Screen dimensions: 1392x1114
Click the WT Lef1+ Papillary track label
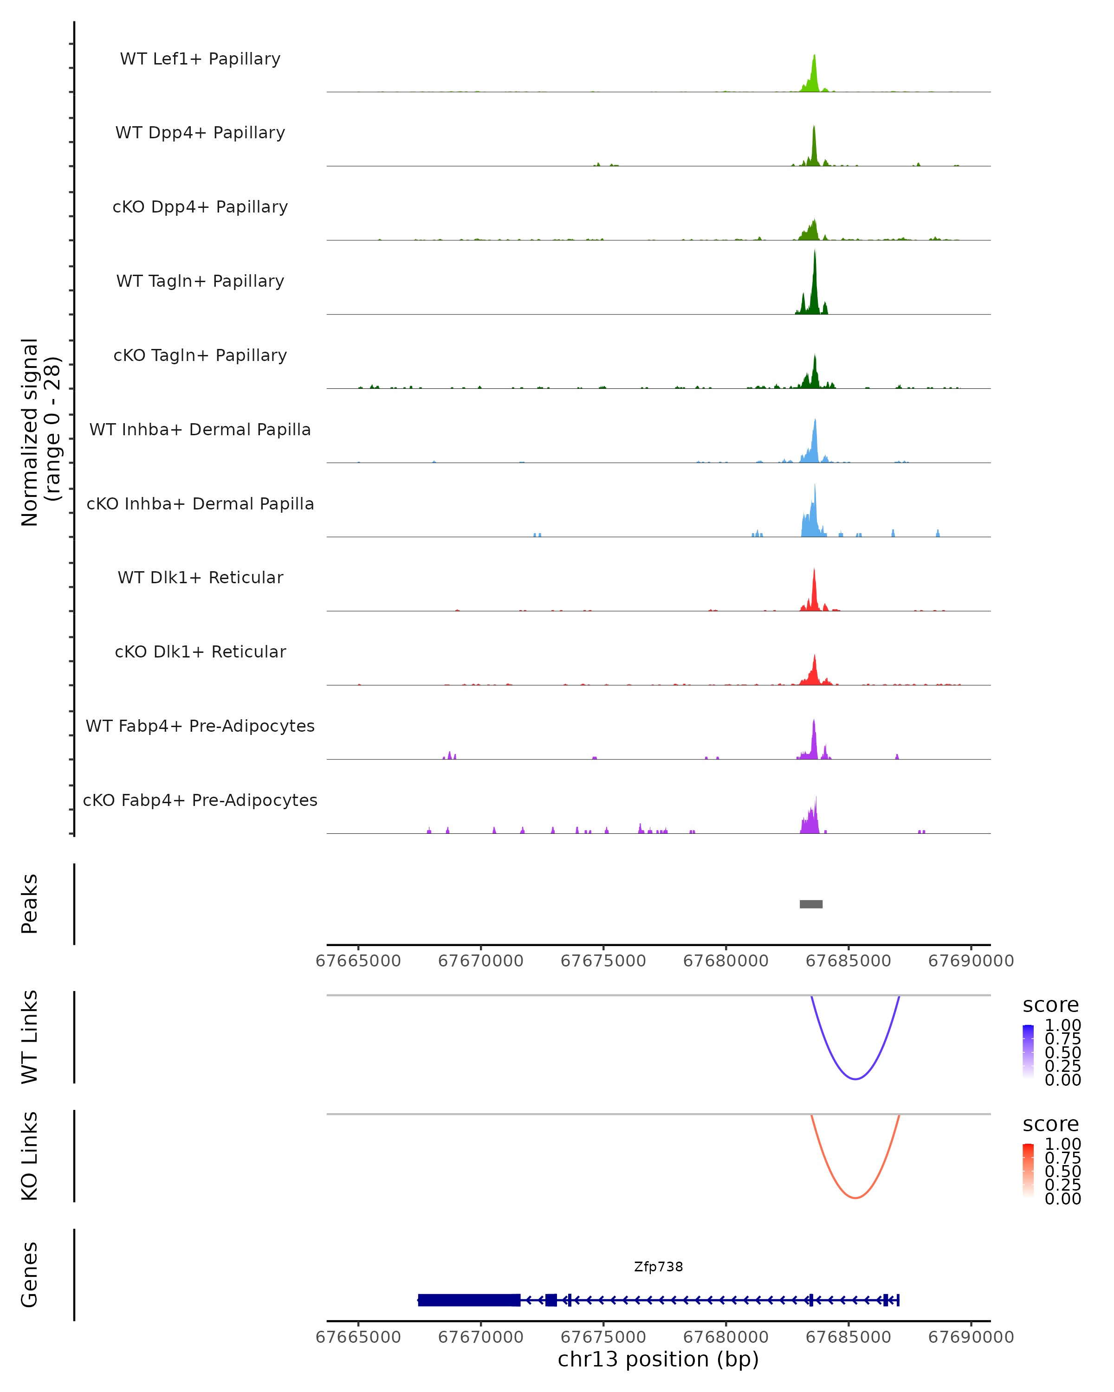(200, 59)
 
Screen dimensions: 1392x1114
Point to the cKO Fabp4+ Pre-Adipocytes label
(200, 800)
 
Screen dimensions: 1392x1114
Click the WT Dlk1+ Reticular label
(200, 577)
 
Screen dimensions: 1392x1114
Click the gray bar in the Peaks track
(810, 904)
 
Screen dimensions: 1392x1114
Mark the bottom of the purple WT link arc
(855, 1079)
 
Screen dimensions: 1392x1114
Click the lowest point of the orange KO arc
(855, 1198)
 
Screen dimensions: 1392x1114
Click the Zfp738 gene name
(658, 1267)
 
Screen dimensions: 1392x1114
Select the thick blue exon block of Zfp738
(469, 1300)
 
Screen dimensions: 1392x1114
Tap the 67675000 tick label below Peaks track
(603, 961)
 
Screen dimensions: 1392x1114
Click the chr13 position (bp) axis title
(658, 1359)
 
